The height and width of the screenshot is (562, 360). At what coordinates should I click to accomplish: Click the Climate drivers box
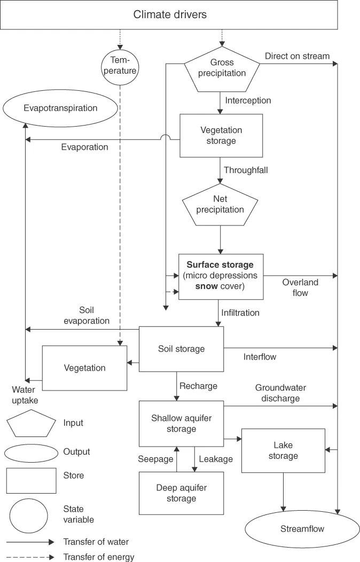point(170,14)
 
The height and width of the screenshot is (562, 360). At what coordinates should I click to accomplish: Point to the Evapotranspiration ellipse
point(60,108)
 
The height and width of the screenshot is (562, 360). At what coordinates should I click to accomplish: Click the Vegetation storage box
point(221,135)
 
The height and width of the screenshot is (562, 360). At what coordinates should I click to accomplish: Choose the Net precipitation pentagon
point(221,205)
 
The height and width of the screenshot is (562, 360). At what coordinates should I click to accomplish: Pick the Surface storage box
point(220,276)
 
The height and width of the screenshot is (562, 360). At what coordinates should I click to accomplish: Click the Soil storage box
point(181,349)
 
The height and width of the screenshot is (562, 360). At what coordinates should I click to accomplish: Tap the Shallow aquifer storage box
point(181,424)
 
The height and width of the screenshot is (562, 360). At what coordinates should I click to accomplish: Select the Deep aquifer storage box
point(181,493)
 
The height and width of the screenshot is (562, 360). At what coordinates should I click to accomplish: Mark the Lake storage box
point(283,450)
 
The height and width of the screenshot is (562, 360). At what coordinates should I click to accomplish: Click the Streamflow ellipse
point(302,529)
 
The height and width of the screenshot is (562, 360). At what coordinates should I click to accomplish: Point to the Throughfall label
point(246,170)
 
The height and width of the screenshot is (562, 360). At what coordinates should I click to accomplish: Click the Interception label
point(248,100)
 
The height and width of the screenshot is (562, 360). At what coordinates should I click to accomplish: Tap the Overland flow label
point(300,287)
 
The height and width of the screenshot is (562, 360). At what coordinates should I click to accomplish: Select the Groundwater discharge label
point(280,393)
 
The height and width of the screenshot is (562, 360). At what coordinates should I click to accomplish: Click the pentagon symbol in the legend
point(31,423)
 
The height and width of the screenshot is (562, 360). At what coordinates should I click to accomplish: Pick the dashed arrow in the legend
point(30,557)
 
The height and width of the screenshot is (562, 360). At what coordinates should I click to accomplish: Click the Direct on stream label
point(297,56)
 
